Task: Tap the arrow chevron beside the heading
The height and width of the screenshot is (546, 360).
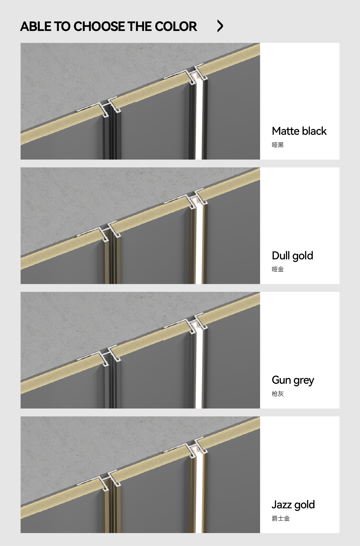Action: point(220,26)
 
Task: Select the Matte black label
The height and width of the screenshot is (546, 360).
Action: point(299,131)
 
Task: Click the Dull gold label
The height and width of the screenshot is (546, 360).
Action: point(292,256)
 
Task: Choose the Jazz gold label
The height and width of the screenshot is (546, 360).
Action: point(293,505)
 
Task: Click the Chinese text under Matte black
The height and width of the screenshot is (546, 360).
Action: point(278,145)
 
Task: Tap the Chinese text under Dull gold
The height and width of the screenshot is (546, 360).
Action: point(278,269)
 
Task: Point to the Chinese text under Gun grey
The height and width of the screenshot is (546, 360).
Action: point(278,394)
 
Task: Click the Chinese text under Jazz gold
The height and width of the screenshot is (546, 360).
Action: point(281,518)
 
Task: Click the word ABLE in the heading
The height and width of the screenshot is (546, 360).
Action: point(36,26)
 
